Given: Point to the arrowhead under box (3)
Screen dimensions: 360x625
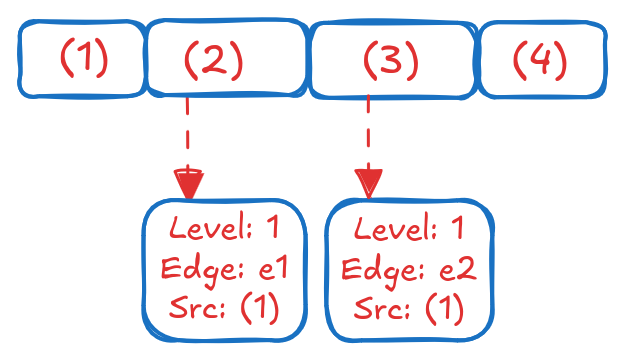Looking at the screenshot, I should coord(369,184).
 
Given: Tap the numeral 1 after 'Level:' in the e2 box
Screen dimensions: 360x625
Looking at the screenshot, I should coord(456,230).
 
